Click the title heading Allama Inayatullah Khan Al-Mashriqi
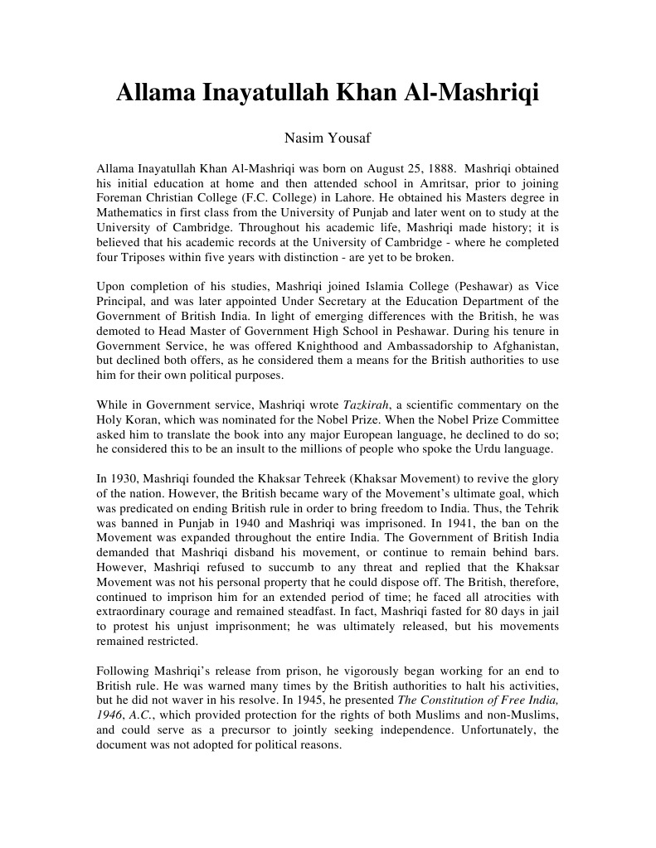[x=328, y=93]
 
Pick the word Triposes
[x=135, y=258]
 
